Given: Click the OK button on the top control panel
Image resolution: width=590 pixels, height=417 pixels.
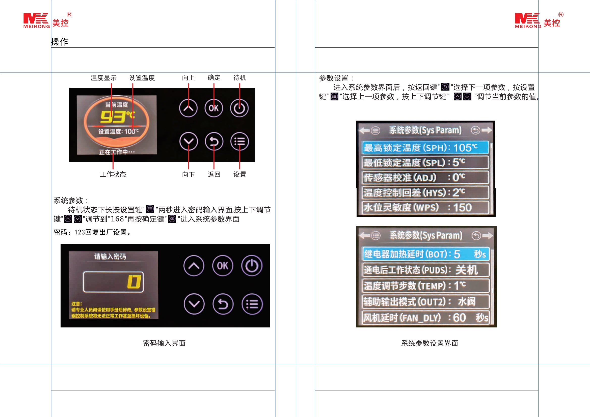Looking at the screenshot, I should coord(213,108).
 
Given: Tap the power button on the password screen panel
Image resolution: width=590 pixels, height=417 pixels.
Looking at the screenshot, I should coord(252,266).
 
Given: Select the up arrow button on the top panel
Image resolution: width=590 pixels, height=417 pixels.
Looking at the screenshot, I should coord(188,108).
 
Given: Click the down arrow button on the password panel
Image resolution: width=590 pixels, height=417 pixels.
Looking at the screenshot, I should coord(194,304).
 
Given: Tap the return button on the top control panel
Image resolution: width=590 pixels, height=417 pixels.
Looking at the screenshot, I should coord(214,142).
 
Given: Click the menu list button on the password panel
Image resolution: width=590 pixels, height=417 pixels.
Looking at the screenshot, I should coord(252,304).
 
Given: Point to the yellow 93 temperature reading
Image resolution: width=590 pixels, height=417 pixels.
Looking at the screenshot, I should coord(113,117).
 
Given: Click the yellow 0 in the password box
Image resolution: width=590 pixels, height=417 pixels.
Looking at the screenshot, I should coord(134,282).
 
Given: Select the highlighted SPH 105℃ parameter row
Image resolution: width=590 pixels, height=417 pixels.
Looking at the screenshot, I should coord(425,148).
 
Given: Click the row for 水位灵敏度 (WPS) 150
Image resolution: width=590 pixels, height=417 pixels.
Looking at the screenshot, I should coord(425,207).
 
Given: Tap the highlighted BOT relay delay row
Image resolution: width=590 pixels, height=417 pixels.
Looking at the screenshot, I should coord(425,254).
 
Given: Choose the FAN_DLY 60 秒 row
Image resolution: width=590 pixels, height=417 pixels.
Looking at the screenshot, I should coord(425,318).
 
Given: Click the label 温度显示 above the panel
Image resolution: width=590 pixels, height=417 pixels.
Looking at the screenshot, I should coord(103,78).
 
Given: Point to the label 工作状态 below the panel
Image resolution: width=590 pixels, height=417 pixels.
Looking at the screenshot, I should coord(113,175).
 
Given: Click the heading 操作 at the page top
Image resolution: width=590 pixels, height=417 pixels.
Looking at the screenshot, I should coord(60,42).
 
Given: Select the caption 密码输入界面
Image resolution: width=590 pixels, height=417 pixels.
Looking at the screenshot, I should coord(164,343).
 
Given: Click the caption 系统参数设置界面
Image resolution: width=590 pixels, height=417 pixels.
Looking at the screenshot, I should coord(430,343).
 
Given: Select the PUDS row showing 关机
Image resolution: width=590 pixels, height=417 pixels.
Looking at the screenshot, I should coord(425,270).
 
